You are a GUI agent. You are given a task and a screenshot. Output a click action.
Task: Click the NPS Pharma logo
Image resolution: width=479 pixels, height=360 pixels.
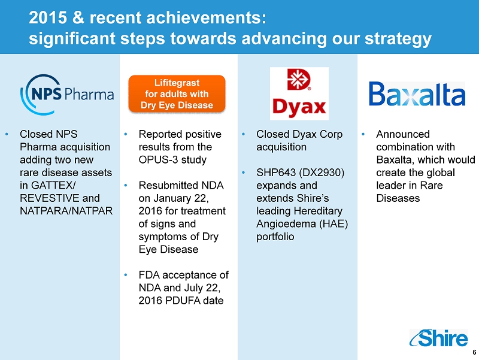click(67, 95)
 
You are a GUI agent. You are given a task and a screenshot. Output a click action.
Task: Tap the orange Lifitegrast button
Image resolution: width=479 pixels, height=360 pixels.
click(177, 94)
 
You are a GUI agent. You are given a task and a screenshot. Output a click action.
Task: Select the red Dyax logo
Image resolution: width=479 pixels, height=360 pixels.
click(299, 93)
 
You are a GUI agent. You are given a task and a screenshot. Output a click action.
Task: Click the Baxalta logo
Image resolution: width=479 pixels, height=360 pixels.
click(417, 94)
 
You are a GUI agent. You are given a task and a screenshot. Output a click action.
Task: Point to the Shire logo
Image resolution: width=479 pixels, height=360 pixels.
click(438, 338)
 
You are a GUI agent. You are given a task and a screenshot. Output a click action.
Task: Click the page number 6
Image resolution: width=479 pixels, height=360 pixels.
click(474, 352)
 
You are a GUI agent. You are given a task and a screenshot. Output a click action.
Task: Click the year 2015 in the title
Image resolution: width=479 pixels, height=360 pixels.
click(48, 18)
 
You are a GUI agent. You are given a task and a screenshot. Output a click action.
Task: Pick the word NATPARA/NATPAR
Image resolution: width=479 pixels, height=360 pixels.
click(66, 211)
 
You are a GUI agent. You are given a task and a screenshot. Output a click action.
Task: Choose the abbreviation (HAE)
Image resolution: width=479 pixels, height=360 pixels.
click(334, 224)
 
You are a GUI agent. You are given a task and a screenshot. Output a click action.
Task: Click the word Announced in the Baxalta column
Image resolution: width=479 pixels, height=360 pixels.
click(403, 134)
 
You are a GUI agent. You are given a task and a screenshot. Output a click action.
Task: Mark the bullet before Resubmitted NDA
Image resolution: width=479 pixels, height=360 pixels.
click(126, 185)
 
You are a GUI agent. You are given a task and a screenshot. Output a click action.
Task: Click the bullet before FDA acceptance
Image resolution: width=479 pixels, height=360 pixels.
click(126, 275)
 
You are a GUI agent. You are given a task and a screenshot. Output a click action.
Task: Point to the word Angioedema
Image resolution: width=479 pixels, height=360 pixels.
click(286, 225)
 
